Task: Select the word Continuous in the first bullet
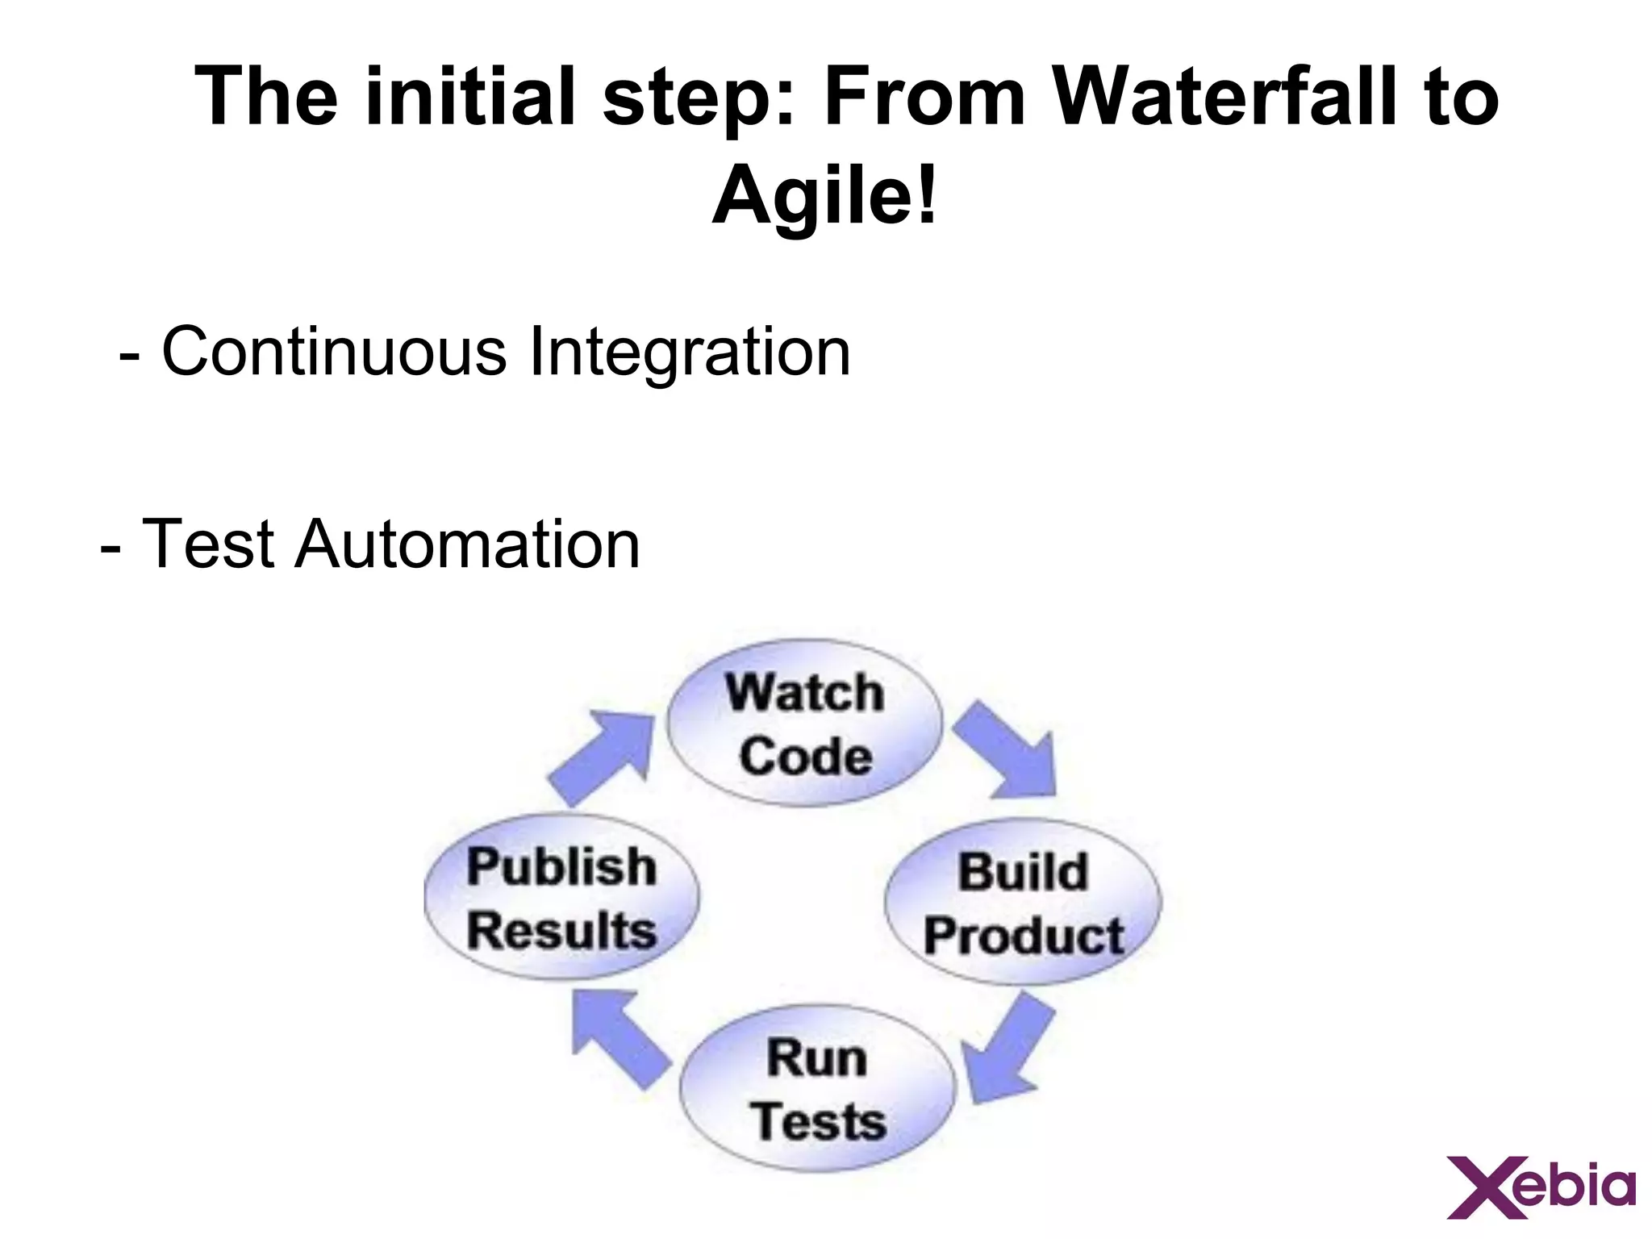click(334, 353)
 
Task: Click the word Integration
click(689, 353)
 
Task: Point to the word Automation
click(467, 544)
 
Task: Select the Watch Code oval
click(804, 724)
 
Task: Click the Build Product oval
click(1023, 903)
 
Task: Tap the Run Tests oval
click(817, 1088)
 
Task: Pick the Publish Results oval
click(561, 897)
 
